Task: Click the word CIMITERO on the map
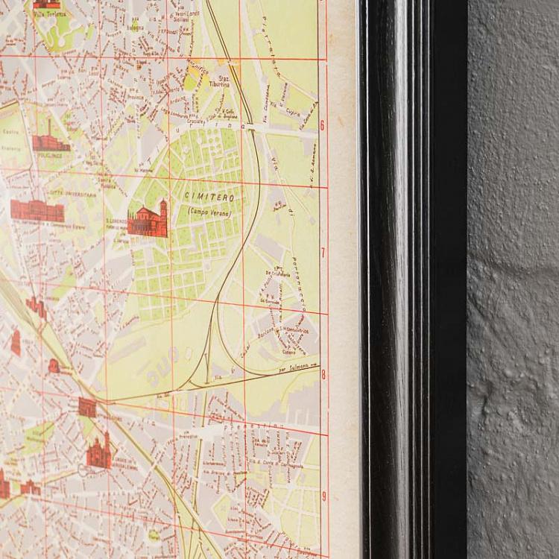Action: click(x=210, y=198)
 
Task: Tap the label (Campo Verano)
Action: click(x=210, y=212)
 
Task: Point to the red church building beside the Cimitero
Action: click(x=147, y=220)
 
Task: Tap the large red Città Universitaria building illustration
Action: click(x=37, y=210)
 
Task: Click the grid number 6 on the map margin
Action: click(x=322, y=125)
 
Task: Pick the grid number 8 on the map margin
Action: click(x=323, y=375)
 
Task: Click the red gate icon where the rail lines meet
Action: click(x=87, y=407)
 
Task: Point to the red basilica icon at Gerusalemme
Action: click(x=98, y=452)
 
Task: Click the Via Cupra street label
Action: click(x=293, y=113)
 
